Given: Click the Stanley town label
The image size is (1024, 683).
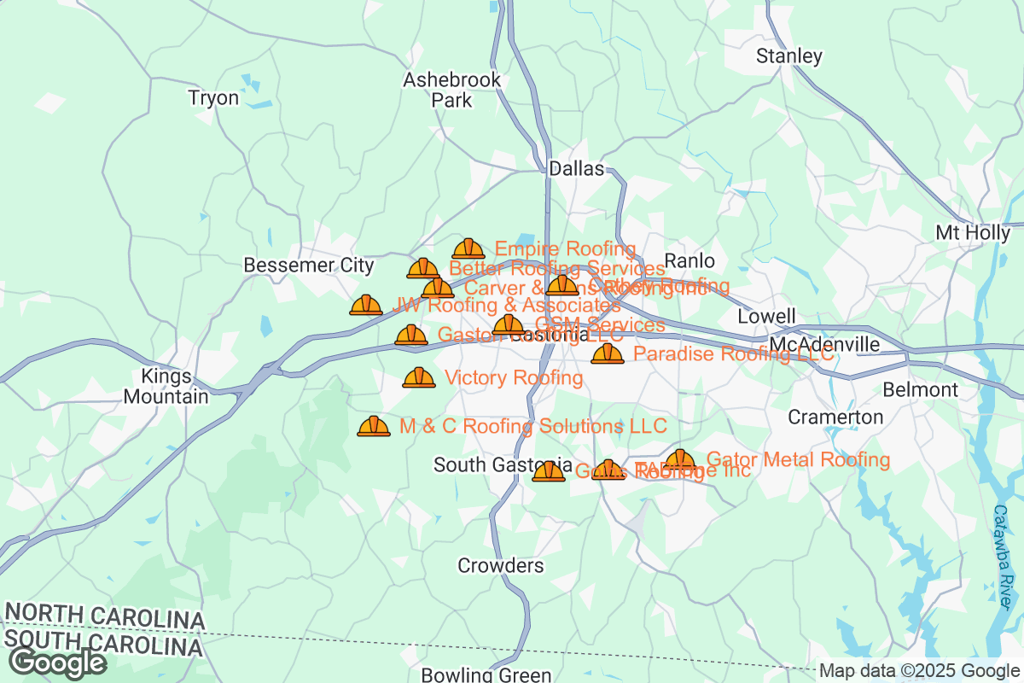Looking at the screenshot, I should click(x=789, y=57).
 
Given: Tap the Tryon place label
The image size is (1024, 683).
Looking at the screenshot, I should click(x=213, y=98).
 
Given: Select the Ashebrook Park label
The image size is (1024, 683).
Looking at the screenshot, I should click(x=439, y=90).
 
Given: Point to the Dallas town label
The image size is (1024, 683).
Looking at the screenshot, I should click(x=576, y=169).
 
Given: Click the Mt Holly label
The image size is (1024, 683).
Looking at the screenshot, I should click(x=973, y=233).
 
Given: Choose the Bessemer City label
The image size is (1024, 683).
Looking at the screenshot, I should click(x=309, y=266).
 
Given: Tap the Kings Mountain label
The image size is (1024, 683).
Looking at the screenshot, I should click(x=166, y=386).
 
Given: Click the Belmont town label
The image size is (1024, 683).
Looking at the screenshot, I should click(x=920, y=390).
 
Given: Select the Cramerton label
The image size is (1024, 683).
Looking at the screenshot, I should click(x=835, y=417).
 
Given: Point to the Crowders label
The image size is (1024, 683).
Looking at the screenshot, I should click(x=501, y=566).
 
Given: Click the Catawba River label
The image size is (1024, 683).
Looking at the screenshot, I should click(x=1006, y=555).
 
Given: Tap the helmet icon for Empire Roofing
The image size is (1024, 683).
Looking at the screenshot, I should click(x=468, y=248).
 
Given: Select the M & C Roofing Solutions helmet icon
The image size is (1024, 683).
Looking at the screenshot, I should click(x=374, y=425).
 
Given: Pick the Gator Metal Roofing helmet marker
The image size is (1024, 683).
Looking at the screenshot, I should click(x=680, y=459).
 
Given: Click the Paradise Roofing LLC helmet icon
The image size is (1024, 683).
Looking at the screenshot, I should click(x=608, y=353).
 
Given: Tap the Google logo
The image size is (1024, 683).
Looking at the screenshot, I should click(x=58, y=663).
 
